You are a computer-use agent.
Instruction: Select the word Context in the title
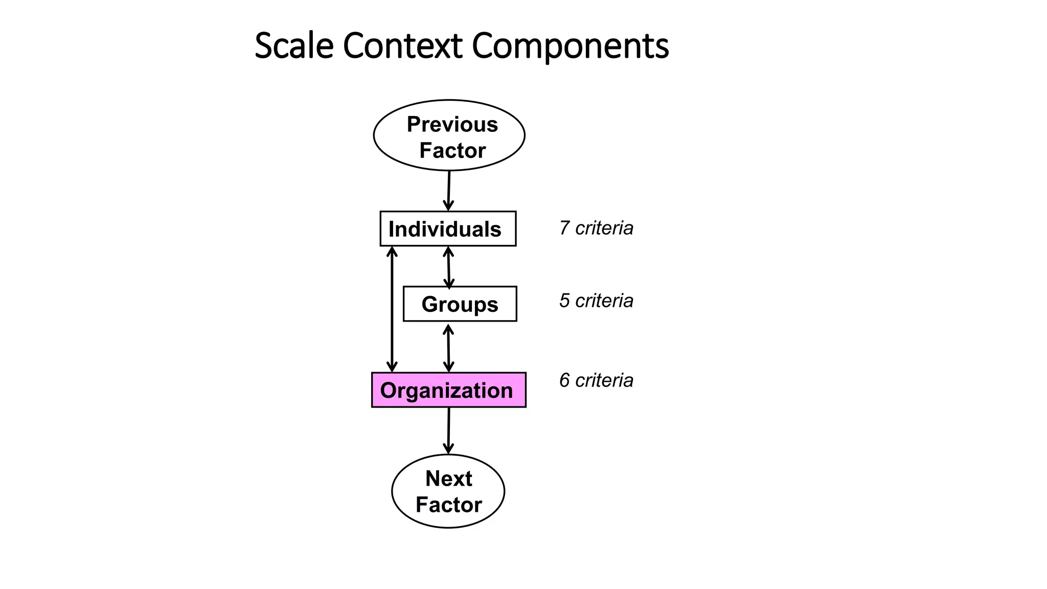pyautogui.click(x=402, y=46)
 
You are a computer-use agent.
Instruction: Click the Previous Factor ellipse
pyautogui.click(x=449, y=135)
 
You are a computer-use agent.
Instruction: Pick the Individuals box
pyautogui.click(x=448, y=229)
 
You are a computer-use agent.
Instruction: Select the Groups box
pyautogui.click(x=460, y=304)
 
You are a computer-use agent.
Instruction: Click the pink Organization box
pyautogui.click(x=448, y=390)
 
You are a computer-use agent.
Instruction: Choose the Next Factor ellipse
pyautogui.click(x=448, y=491)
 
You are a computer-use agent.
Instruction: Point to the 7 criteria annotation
pyautogui.click(x=596, y=228)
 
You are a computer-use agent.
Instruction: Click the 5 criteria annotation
pyautogui.click(x=596, y=301)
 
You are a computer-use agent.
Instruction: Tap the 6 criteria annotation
pyautogui.click(x=596, y=380)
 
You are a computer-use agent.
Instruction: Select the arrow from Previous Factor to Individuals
pyautogui.click(x=449, y=190)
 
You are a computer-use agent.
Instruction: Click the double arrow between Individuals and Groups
pyautogui.click(x=448, y=267)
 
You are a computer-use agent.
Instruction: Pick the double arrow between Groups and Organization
pyautogui.click(x=448, y=348)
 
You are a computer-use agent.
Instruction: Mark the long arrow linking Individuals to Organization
pyautogui.click(x=392, y=309)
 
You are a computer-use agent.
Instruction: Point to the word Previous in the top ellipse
pyautogui.click(x=452, y=124)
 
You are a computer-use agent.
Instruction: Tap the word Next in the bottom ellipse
pyautogui.click(x=448, y=479)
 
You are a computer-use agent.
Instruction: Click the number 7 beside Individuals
pyautogui.click(x=564, y=228)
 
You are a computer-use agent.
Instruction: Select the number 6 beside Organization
pyautogui.click(x=564, y=380)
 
